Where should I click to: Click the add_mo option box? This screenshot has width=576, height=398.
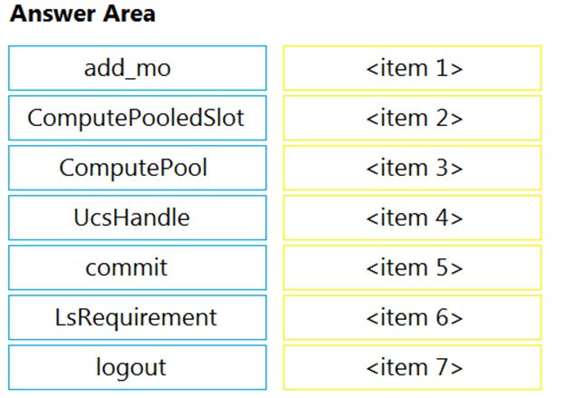click(x=138, y=68)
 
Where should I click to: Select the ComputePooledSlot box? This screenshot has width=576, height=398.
click(x=138, y=118)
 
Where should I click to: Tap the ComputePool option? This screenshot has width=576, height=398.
click(x=138, y=168)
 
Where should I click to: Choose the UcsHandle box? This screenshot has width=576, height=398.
click(x=138, y=218)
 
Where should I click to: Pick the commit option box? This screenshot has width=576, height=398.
click(x=138, y=267)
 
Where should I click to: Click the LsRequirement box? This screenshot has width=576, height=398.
click(x=138, y=317)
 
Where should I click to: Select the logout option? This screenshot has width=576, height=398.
click(x=138, y=367)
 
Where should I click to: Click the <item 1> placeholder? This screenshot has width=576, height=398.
click(x=412, y=68)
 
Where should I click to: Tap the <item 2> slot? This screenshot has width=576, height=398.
click(x=412, y=118)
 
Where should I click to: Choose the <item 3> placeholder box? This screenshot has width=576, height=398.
click(x=412, y=168)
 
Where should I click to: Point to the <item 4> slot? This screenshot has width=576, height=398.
click(x=412, y=218)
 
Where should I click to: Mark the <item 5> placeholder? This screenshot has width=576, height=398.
click(x=412, y=267)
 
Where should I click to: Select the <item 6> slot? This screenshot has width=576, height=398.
click(x=412, y=317)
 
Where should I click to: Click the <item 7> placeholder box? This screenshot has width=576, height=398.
click(x=412, y=367)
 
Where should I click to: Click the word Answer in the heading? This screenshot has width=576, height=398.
click(x=52, y=14)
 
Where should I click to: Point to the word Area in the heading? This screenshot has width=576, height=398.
click(x=129, y=14)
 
